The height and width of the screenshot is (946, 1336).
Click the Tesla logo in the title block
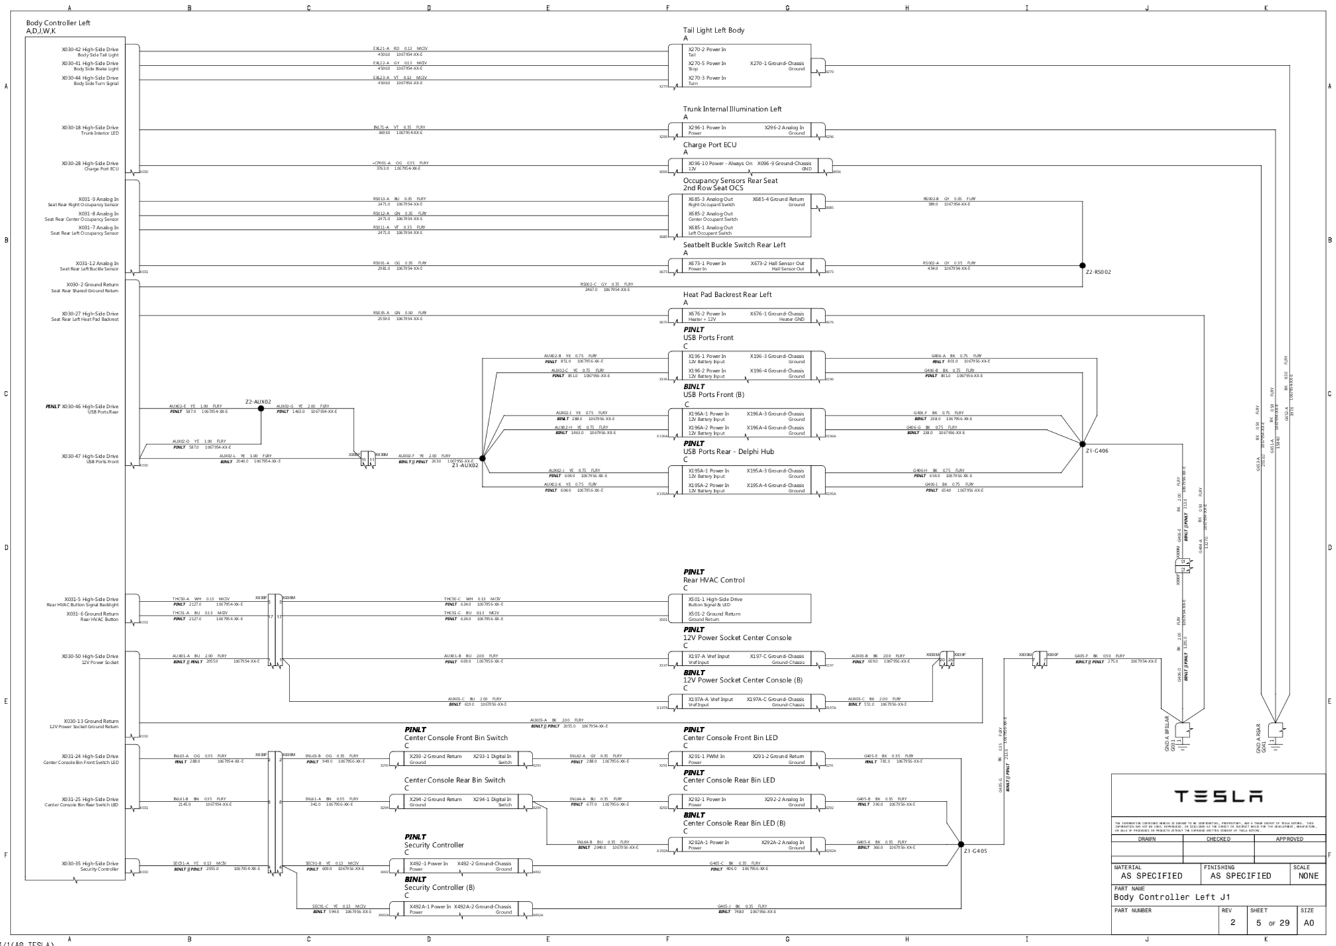[1218, 796]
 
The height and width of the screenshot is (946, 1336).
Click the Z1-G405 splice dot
[961, 845]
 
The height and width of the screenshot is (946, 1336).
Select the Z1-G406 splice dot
[1082, 444]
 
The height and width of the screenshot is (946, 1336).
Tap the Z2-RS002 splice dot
[1082, 266]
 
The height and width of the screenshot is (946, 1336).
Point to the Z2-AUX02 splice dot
[261, 409]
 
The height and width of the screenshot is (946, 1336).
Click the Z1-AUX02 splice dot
[482, 458]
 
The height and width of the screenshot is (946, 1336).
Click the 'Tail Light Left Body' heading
[713, 30]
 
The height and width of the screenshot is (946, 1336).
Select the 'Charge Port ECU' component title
[709, 145]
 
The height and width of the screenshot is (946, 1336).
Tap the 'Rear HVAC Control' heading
[713, 580]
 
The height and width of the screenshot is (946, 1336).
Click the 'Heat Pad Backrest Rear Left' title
[727, 295]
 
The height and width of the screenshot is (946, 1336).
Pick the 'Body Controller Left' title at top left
[58, 23]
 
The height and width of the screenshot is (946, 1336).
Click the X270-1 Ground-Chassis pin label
[776, 64]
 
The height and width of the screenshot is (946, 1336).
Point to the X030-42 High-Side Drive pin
[90, 50]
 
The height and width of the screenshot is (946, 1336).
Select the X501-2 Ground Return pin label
[714, 614]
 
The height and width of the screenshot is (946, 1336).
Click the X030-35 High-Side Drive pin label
[90, 864]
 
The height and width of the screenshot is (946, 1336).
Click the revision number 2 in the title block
[1233, 922]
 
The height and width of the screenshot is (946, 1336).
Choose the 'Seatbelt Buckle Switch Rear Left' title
[734, 245]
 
